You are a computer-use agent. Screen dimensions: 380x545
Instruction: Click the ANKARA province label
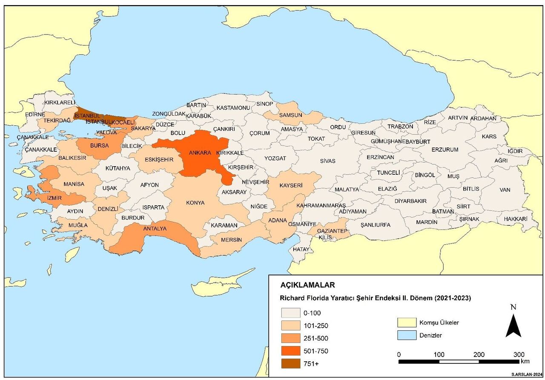point(200,153)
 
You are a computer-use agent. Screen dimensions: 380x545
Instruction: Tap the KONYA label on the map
point(195,203)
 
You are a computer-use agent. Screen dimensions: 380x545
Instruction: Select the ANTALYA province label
point(155,229)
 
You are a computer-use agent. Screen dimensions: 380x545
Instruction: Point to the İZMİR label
point(54,198)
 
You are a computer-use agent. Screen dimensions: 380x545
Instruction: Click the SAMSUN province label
point(290,115)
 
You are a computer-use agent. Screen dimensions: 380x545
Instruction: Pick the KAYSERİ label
point(291,186)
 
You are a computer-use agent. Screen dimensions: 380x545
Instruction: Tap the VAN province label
point(505,190)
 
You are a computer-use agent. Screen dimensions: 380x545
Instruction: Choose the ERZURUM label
point(445,150)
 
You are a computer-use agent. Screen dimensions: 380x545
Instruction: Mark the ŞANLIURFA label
point(375,225)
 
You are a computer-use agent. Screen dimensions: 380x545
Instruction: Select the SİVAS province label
point(328,161)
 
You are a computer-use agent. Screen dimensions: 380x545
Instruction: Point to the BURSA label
point(99,145)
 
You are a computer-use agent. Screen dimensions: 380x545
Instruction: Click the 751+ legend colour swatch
point(290,364)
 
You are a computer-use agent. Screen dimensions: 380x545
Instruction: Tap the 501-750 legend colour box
point(290,351)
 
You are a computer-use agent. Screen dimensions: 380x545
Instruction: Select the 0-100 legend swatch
point(290,313)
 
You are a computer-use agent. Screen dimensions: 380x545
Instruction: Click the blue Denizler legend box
point(406,335)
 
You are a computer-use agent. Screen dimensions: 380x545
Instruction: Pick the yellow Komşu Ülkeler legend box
point(406,323)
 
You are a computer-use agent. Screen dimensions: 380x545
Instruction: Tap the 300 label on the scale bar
point(519,354)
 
